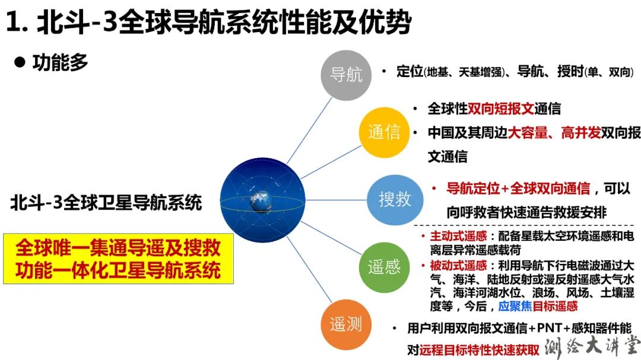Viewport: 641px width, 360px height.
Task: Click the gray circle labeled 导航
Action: point(346,75)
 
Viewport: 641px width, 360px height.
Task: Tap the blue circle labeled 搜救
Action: point(395,199)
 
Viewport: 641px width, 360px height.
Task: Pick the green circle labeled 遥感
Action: point(384,267)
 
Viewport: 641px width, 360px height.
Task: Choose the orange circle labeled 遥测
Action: point(346,324)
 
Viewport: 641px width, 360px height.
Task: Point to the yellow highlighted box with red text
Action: point(118,259)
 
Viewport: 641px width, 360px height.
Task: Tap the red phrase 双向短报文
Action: point(500,109)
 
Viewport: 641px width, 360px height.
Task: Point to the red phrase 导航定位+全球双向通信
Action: point(518,189)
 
